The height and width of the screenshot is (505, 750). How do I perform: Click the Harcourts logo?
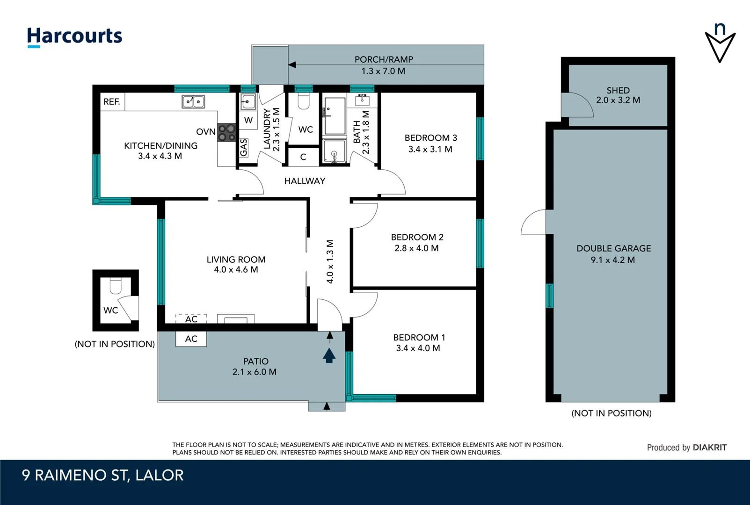coord(74,36)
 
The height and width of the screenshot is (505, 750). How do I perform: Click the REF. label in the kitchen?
coord(112,101)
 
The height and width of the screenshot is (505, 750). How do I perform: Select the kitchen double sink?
coord(193,101)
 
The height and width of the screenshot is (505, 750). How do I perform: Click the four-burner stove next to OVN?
coord(227,132)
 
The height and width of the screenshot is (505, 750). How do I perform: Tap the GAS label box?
coord(244,148)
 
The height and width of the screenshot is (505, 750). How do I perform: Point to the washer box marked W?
coord(248,120)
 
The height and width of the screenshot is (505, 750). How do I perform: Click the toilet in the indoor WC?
coord(304,101)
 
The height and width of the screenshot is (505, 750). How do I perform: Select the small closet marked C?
coord(303,157)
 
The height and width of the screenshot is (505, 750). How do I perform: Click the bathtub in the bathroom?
coord(334,115)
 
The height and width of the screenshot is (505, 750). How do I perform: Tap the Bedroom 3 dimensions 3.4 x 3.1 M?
coord(430,149)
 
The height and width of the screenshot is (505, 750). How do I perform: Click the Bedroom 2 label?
coord(417,237)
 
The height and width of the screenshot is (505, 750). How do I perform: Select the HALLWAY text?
coord(305,181)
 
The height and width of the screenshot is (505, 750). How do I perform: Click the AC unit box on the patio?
coord(191,339)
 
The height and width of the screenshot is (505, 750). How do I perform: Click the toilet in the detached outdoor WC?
coord(116,285)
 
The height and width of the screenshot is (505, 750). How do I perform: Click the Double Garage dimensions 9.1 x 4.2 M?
coord(612,260)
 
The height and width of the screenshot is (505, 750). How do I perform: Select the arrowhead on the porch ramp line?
coord(292,65)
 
